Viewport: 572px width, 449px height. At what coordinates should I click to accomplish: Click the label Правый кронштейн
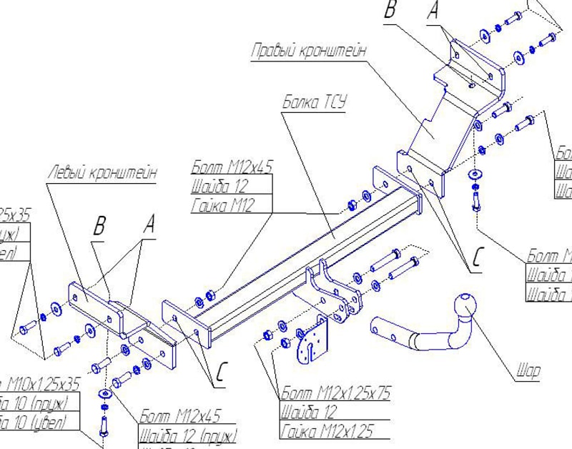pos(309,51)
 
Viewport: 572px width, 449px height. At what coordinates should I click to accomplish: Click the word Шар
pos(528,370)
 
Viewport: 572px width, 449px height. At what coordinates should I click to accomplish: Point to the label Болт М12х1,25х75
pos(335,393)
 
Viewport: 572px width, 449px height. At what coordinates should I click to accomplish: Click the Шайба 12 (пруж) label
pos(187,435)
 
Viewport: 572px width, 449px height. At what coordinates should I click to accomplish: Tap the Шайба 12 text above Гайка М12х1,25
pos(307,413)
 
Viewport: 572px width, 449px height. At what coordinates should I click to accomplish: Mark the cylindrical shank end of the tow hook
pos(383,331)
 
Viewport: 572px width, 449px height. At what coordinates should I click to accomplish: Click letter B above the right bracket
pos(390,10)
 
